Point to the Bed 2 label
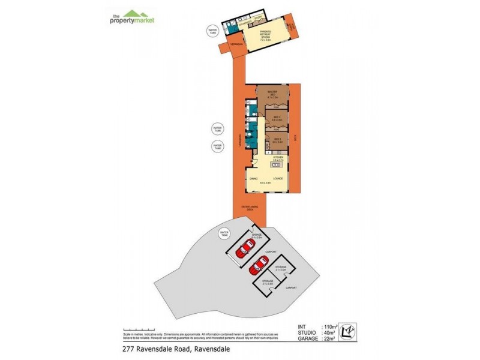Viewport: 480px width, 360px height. [277, 119]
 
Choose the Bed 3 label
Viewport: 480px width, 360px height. [277, 141]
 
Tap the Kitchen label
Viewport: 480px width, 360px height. [278, 159]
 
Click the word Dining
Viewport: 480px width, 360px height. [254, 179]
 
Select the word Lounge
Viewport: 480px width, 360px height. [279, 179]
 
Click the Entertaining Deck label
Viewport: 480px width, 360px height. [250, 208]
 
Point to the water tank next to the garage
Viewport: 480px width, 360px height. [224, 233]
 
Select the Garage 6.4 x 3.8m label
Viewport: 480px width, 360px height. [257, 236]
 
